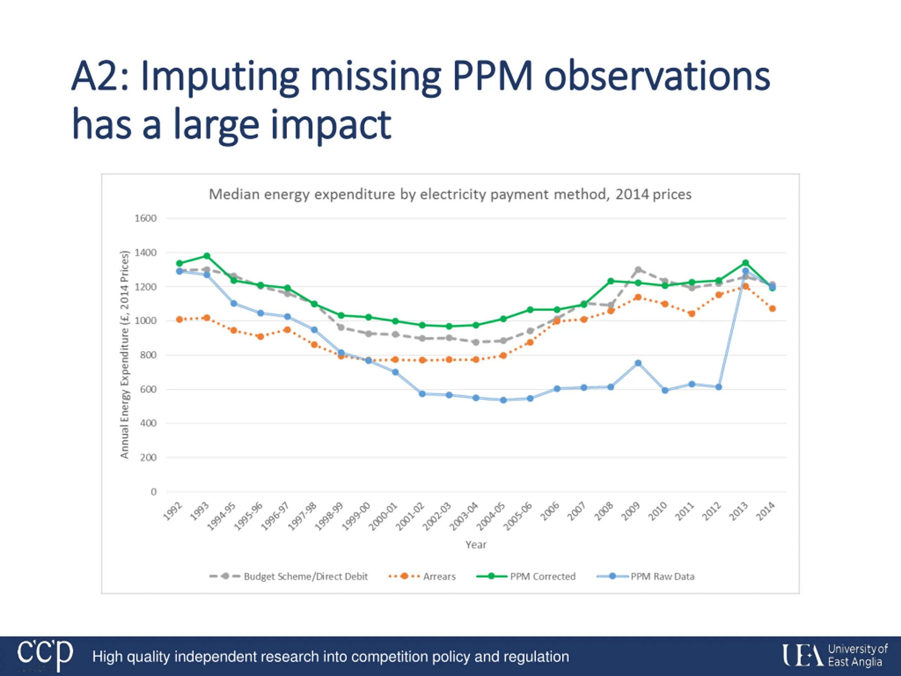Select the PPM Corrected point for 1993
(207, 256)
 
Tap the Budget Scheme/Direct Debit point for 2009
(638, 270)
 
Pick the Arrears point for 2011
(691, 313)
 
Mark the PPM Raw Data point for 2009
(638, 363)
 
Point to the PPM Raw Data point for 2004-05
(503, 400)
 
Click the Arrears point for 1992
(179, 319)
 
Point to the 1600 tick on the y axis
(145, 218)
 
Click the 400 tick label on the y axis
(148, 423)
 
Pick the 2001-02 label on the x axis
(410, 517)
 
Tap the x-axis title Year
(476, 545)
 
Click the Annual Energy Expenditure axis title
(124, 355)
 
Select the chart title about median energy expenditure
(450, 194)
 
